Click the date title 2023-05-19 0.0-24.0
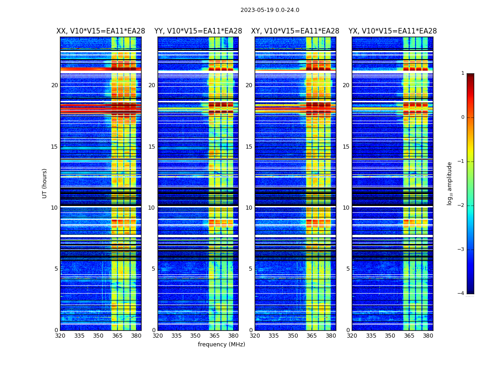(x=270, y=10)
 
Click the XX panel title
(x=101, y=31)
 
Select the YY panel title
(x=198, y=31)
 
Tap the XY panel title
(x=295, y=31)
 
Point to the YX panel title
(x=393, y=31)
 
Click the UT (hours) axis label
(x=44, y=183)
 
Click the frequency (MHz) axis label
(x=221, y=345)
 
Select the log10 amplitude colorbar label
(x=450, y=183)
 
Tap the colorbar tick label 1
(x=463, y=73)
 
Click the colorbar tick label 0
(x=463, y=117)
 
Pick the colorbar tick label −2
(x=462, y=206)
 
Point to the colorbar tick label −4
(x=462, y=294)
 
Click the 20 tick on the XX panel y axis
(x=55, y=85)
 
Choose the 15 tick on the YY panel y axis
(x=152, y=147)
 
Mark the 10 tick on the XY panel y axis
(x=249, y=208)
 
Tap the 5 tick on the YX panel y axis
(x=348, y=269)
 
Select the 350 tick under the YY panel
(x=196, y=336)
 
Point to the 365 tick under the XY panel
(x=312, y=336)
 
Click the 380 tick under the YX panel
(x=428, y=336)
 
